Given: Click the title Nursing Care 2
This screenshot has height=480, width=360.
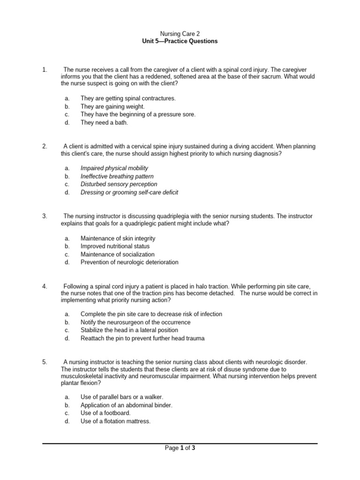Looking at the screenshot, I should [180, 34].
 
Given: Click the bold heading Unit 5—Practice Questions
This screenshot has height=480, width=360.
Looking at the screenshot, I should [180, 41].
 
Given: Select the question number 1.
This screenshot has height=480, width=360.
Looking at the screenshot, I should [45, 70].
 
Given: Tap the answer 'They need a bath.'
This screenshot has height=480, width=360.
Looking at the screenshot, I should [104, 123].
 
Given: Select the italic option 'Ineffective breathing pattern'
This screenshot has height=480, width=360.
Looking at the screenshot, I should [117, 176].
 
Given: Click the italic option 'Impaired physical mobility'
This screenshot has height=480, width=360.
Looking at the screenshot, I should [114, 168].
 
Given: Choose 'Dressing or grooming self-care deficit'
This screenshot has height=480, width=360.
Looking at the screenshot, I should [129, 192].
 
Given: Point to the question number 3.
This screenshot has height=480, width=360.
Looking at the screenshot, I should [45, 216].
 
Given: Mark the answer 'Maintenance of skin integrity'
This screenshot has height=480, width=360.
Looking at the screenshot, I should [118, 239].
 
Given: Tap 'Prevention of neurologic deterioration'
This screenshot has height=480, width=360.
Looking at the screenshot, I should [129, 262].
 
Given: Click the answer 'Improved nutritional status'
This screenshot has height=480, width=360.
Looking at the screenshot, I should [115, 247].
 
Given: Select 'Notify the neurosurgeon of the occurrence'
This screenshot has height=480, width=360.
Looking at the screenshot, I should [135, 322].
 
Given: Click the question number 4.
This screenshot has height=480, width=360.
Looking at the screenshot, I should [45, 286].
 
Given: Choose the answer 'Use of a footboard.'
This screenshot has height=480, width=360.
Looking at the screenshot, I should [105, 413].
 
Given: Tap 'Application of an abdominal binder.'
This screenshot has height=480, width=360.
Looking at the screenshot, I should [126, 405].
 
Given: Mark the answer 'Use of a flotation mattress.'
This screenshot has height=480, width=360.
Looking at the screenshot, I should [115, 421].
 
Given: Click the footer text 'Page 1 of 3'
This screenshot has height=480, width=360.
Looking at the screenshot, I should [180, 448].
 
